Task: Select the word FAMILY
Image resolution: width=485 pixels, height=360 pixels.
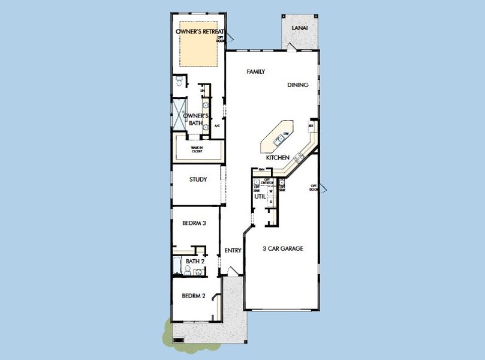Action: [x=256, y=71]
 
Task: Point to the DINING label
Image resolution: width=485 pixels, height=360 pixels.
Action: [x=297, y=85]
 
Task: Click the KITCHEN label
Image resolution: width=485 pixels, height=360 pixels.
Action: [x=278, y=157]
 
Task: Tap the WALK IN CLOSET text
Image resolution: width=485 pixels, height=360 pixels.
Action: [x=197, y=149]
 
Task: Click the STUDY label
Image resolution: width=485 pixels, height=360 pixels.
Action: [x=198, y=179]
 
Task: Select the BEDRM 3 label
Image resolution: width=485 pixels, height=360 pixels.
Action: [x=194, y=223]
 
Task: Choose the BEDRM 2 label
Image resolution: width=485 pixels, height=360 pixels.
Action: [x=194, y=296]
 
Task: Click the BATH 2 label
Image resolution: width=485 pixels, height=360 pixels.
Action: [x=194, y=262]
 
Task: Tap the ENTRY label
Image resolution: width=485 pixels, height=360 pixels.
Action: [x=233, y=251]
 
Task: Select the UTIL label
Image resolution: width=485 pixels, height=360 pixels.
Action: [x=260, y=196]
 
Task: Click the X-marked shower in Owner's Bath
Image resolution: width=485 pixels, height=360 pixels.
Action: [x=179, y=113]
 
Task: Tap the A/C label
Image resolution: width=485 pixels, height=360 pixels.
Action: [x=217, y=126]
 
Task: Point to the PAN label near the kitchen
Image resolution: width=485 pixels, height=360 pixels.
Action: [x=261, y=169]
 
